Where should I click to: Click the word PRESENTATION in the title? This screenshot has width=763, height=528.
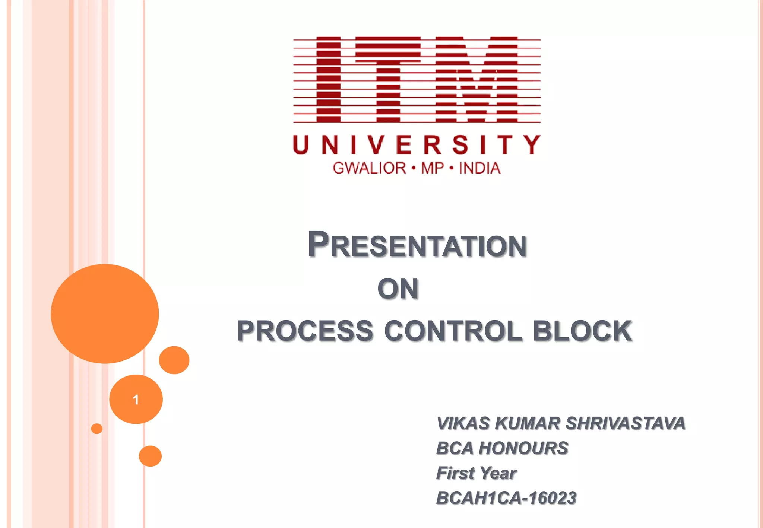tap(417, 245)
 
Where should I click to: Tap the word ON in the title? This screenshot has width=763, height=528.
tap(398, 289)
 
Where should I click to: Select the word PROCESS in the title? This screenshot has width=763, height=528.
tap(305, 331)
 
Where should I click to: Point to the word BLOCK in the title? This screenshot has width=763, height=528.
tap(582, 331)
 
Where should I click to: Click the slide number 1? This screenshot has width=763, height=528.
tap(136, 400)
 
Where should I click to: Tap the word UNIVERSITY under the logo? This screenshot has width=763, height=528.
tap(417, 145)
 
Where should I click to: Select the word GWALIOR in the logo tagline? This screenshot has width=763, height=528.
tap(369, 168)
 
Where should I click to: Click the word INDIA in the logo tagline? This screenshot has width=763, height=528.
tap(479, 168)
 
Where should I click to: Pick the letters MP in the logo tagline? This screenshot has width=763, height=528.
tap(433, 168)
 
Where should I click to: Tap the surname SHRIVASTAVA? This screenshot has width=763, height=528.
tap(626, 423)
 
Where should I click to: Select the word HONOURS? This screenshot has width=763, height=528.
tap(523, 448)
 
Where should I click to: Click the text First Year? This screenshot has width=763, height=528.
tap(476, 473)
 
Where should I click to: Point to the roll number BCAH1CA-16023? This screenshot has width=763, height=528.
tap(506, 498)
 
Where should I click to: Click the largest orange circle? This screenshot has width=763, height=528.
tap(105, 314)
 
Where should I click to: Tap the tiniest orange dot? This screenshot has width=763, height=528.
tap(96, 429)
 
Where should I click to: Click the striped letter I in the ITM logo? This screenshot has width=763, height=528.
tap(328, 80)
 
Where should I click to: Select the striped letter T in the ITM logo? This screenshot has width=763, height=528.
tap(388, 80)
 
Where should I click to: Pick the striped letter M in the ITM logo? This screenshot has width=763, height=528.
tap(477, 80)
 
